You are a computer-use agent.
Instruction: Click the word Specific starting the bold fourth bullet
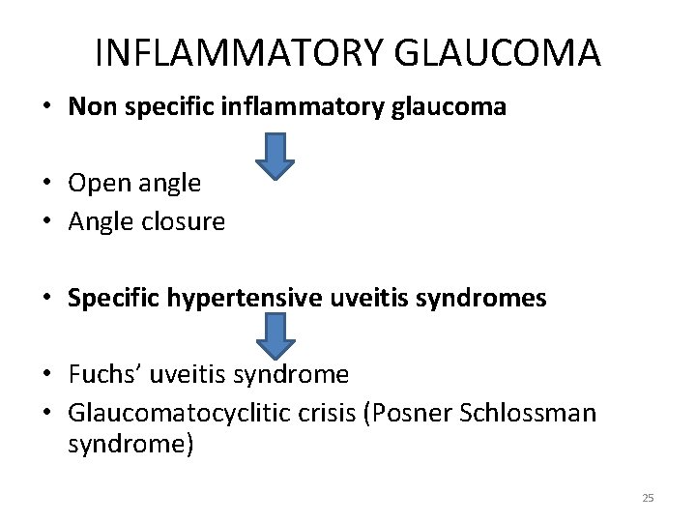tap(105, 298)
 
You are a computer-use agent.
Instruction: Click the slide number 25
tap(648, 498)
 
